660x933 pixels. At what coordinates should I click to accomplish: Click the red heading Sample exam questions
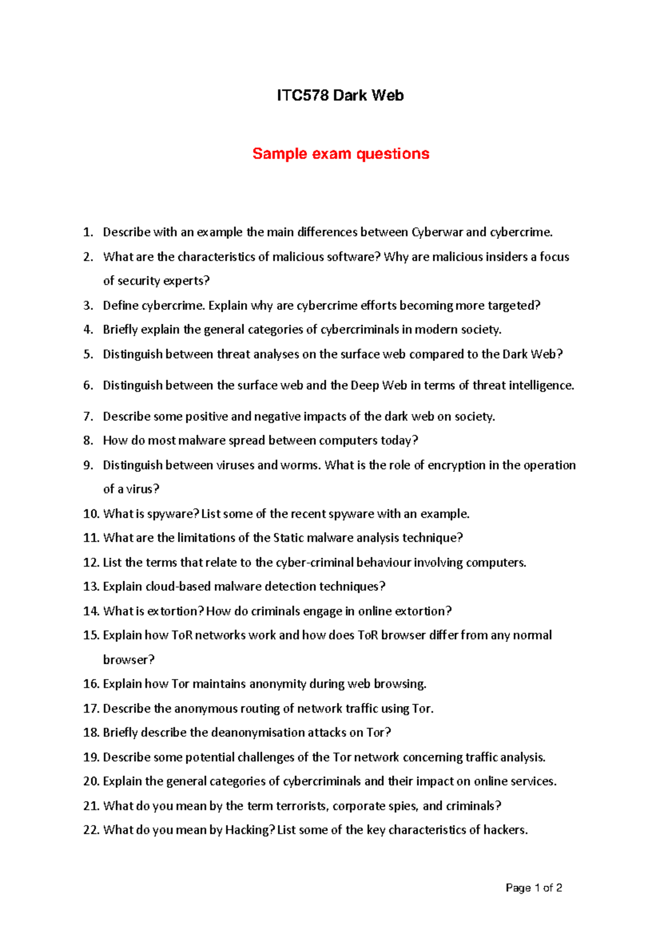pos(340,154)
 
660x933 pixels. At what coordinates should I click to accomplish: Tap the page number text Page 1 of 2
pos(533,888)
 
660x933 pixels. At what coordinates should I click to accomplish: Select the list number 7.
pos(88,416)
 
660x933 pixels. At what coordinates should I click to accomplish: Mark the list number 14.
pos(91,611)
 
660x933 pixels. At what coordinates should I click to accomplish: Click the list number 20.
pos(91,781)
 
